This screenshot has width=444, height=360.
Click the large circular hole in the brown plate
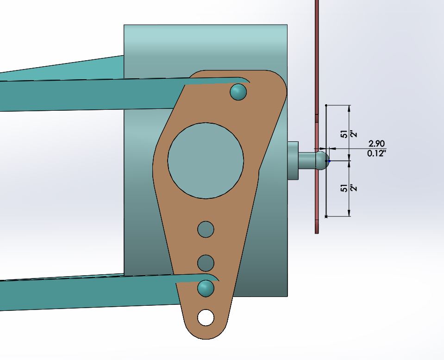[x=206, y=160]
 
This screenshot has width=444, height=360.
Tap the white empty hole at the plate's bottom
[x=206, y=318]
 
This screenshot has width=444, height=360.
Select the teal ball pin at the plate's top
[x=238, y=92]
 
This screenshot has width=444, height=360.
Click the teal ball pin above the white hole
[x=206, y=288]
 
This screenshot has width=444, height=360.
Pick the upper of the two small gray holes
[x=206, y=229]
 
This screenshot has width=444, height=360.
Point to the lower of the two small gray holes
[x=206, y=263]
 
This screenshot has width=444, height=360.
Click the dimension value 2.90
[x=376, y=144]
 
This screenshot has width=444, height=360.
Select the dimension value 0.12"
[x=377, y=153]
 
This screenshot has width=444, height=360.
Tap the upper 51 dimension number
[x=344, y=134]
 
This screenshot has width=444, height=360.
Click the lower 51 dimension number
[x=344, y=188]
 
